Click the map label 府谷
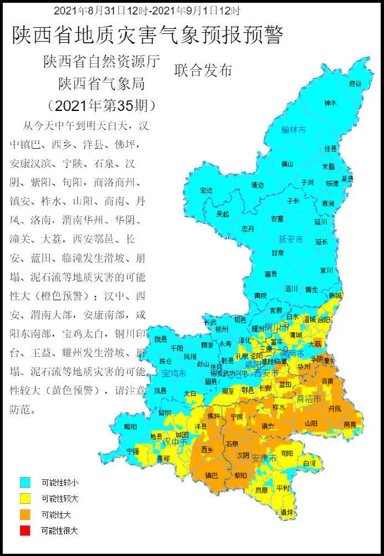[355, 83]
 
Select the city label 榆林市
[294, 130]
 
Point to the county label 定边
[206, 190]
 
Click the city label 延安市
[290, 239]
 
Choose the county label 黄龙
[311, 289]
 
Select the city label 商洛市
[309, 398]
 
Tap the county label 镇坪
[286, 512]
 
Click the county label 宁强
[133, 451]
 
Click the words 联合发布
[203, 70]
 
